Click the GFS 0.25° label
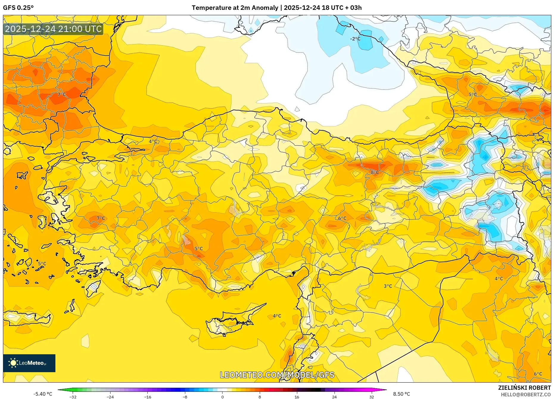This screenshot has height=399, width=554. click(x=18, y=8)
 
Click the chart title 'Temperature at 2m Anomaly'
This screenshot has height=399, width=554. click(x=235, y=8)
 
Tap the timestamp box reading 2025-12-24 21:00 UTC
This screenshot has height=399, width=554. click(x=53, y=29)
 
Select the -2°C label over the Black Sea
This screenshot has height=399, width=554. click(x=355, y=39)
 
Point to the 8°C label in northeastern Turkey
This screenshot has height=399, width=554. click(x=375, y=172)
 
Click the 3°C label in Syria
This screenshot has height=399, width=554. click(x=388, y=286)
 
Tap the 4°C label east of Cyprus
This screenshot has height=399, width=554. click(x=277, y=316)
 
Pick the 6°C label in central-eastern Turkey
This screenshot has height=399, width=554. click(x=342, y=218)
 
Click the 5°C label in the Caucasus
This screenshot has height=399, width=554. click(x=473, y=95)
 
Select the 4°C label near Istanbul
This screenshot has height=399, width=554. click(x=153, y=141)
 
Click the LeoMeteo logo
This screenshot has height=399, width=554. click(x=29, y=363)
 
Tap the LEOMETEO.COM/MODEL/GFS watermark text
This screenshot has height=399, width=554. click(x=277, y=375)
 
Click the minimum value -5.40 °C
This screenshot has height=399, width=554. click(x=43, y=394)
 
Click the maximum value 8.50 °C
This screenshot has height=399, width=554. click(x=402, y=394)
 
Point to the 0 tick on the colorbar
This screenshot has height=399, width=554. click(x=222, y=397)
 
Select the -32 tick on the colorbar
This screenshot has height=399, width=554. click(x=73, y=397)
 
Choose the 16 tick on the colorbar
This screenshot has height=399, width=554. click(x=297, y=397)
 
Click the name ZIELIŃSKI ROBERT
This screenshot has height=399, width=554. click(x=524, y=388)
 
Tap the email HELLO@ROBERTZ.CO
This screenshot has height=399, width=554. click(x=526, y=395)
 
